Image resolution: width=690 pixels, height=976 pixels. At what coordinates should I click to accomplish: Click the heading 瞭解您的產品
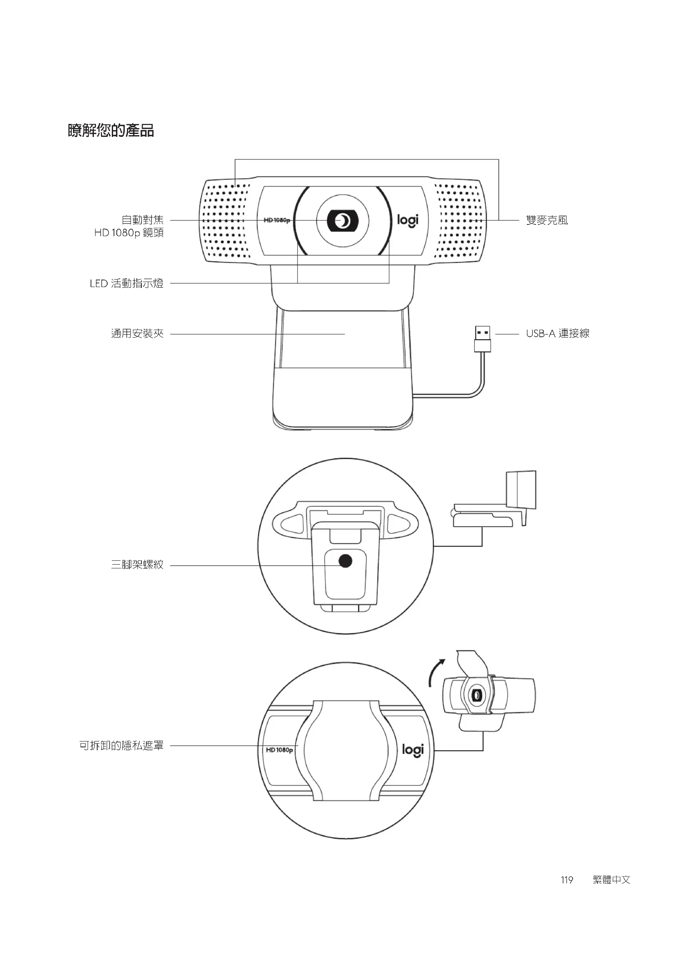[x=111, y=131]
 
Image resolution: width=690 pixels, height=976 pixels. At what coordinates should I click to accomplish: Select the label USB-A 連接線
[x=557, y=333]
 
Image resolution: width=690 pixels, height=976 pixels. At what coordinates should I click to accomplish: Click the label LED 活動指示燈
[x=127, y=283]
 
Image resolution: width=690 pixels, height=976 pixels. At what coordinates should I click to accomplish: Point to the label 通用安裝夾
[x=137, y=334]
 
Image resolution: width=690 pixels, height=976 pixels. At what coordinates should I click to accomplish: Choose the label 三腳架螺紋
[x=137, y=565]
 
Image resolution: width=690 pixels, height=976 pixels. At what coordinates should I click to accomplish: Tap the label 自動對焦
[x=142, y=220]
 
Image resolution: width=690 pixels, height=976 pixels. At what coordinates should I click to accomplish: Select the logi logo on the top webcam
[x=408, y=220]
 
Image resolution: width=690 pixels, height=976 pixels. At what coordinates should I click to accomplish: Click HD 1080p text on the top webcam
[x=277, y=220]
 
